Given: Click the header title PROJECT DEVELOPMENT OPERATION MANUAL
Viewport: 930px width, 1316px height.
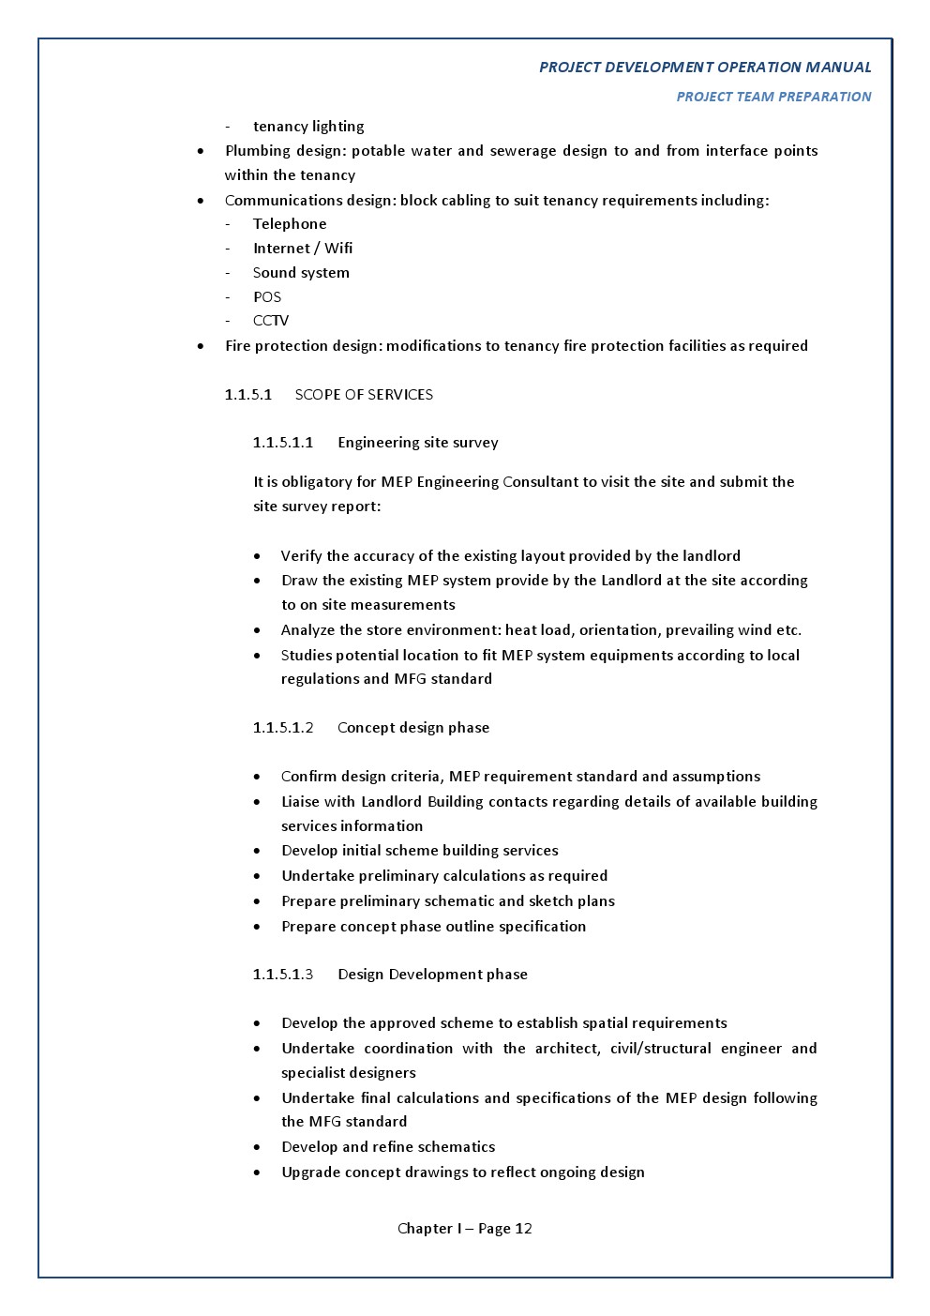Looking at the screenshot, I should pyautogui.click(x=705, y=68).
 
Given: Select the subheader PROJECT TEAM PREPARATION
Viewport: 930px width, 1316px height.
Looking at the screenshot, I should pyautogui.click(x=773, y=97).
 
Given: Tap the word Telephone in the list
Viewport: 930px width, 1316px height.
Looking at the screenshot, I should pyautogui.click(x=290, y=224).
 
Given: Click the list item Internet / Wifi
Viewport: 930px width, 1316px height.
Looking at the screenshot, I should pyautogui.click(x=303, y=249).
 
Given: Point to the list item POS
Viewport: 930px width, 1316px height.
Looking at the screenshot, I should pyautogui.click(x=267, y=297).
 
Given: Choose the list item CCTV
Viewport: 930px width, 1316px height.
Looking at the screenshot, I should pyautogui.click(x=271, y=321).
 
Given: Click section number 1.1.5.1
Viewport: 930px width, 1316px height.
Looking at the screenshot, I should pyautogui.click(x=248, y=395).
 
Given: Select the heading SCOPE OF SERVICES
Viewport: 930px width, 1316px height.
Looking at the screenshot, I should pyautogui.click(x=364, y=395).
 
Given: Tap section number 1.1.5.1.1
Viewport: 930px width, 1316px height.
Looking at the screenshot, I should pyautogui.click(x=283, y=443).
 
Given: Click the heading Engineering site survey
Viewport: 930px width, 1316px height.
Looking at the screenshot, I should pyautogui.click(x=418, y=443).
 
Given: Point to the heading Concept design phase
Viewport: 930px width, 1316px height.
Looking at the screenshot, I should pyautogui.click(x=413, y=728).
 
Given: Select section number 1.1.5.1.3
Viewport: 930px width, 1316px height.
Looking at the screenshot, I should pyautogui.click(x=283, y=975).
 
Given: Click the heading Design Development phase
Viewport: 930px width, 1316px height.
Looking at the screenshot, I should pyautogui.click(x=432, y=975).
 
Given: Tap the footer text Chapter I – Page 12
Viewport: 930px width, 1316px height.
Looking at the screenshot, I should pyautogui.click(x=465, y=1229).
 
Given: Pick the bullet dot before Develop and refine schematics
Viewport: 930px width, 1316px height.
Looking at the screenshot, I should pyautogui.click(x=257, y=1147).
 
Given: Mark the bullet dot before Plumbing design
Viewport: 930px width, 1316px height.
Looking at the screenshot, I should pyautogui.click(x=201, y=151).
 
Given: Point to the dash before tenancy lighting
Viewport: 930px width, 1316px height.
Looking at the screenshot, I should pyautogui.click(x=228, y=127).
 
